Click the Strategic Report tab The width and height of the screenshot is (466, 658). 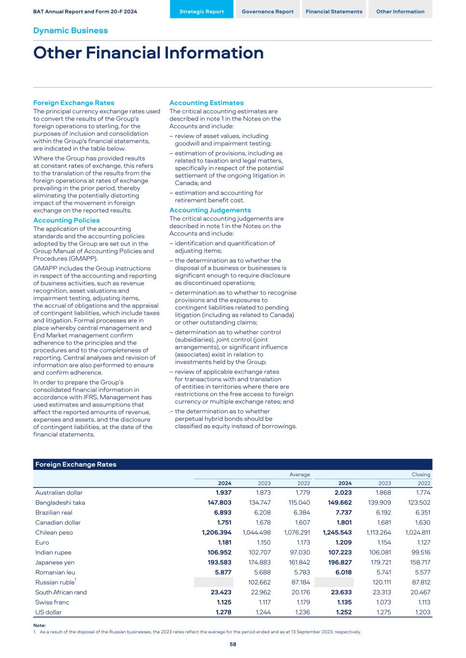point(202,12)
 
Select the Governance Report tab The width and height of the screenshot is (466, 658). point(267,12)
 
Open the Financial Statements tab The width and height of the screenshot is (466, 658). point(334,12)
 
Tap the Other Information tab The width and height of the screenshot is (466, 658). point(400,12)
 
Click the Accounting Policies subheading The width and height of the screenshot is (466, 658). point(67,220)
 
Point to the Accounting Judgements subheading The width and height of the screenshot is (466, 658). point(210,210)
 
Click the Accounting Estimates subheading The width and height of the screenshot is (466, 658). point(206,103)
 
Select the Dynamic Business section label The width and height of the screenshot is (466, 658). point(70,30)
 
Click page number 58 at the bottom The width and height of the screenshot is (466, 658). point(233,644)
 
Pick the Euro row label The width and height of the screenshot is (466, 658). point(42,542)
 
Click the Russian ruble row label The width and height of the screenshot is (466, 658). point(55,582)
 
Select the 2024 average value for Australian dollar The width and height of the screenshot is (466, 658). point(223,493)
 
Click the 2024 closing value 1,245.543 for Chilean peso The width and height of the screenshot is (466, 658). point(338,533)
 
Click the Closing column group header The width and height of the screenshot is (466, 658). point(421,474)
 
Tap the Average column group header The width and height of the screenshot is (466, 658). point(299,474)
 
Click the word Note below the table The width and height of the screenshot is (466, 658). point(40,625)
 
